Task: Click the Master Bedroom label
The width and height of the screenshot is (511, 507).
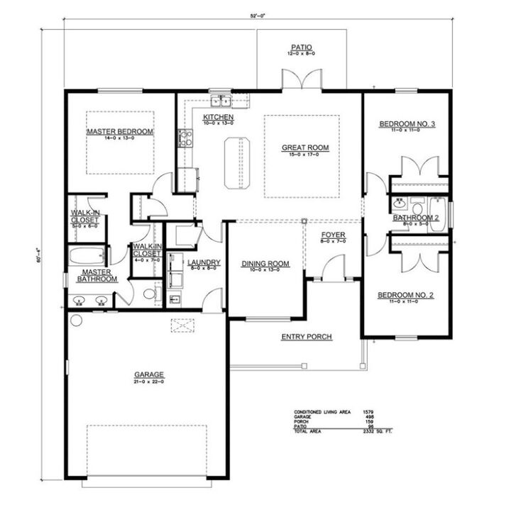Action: pos(120,132)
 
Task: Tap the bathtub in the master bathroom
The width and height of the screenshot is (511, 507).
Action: pos(86,255)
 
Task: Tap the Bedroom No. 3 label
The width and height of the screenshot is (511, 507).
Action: pos(407,124)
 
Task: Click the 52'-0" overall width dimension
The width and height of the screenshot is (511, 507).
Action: pos(256,14)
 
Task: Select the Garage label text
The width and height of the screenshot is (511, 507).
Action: pos(149,374)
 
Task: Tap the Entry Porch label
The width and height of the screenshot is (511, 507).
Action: pos(307,336)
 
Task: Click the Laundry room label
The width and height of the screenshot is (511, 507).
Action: pos(204,262)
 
